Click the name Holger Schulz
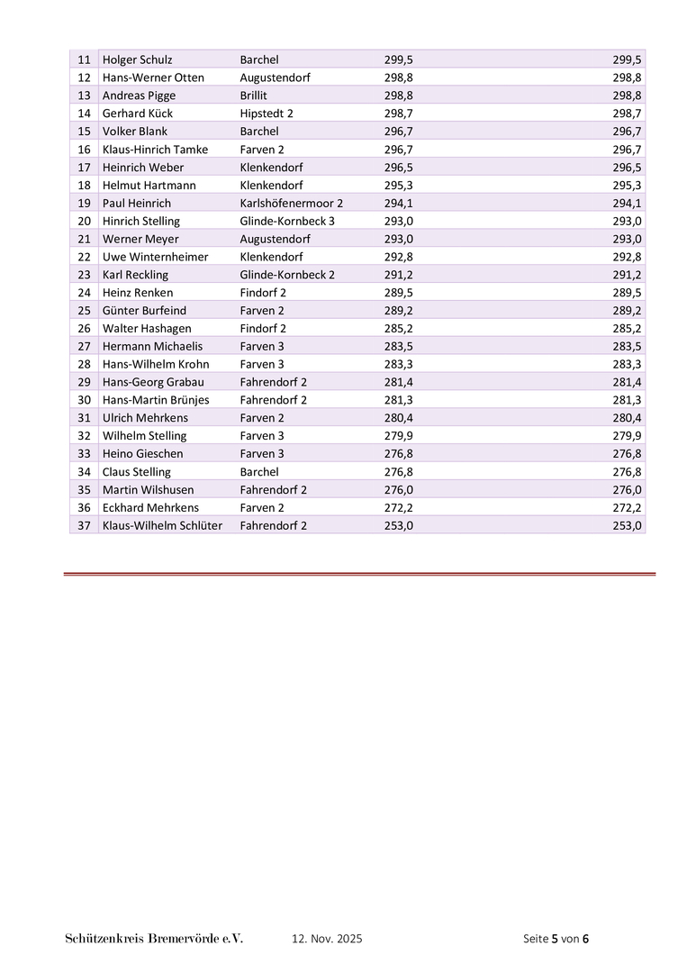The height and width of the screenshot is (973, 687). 138,59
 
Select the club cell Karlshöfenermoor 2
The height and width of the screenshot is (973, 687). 291,203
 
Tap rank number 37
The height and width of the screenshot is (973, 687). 85,525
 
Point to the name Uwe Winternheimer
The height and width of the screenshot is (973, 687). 155,257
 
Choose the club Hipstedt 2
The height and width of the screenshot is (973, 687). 267,114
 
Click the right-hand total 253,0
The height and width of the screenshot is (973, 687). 627,525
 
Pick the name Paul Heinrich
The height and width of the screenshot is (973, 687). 137,203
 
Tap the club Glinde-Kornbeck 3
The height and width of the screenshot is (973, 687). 287,221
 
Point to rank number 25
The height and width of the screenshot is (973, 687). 85,311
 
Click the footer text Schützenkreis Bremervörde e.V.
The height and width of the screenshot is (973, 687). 154,939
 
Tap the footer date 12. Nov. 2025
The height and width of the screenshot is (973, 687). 327,939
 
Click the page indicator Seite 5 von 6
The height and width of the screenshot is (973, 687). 556,939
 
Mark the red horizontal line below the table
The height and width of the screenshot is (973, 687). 359,573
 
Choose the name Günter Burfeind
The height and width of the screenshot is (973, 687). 145,311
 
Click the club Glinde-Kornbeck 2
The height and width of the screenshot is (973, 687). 287,275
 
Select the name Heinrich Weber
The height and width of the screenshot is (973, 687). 143,168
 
